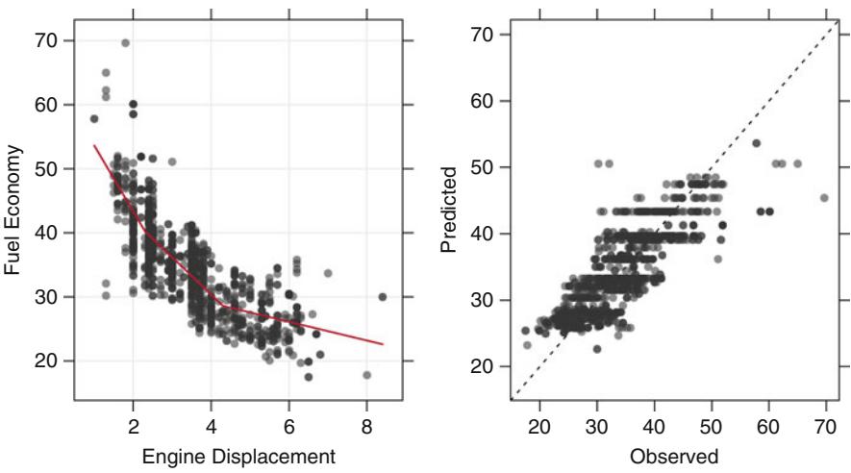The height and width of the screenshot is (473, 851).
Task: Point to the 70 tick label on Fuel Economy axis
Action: point(49,40)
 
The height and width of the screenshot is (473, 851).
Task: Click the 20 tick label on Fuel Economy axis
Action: point(49,361)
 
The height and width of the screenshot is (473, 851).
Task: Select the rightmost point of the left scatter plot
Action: point(383,297)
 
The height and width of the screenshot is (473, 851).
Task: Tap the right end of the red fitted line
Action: point(383,344)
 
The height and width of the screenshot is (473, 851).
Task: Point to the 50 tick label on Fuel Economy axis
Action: point(49,168)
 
